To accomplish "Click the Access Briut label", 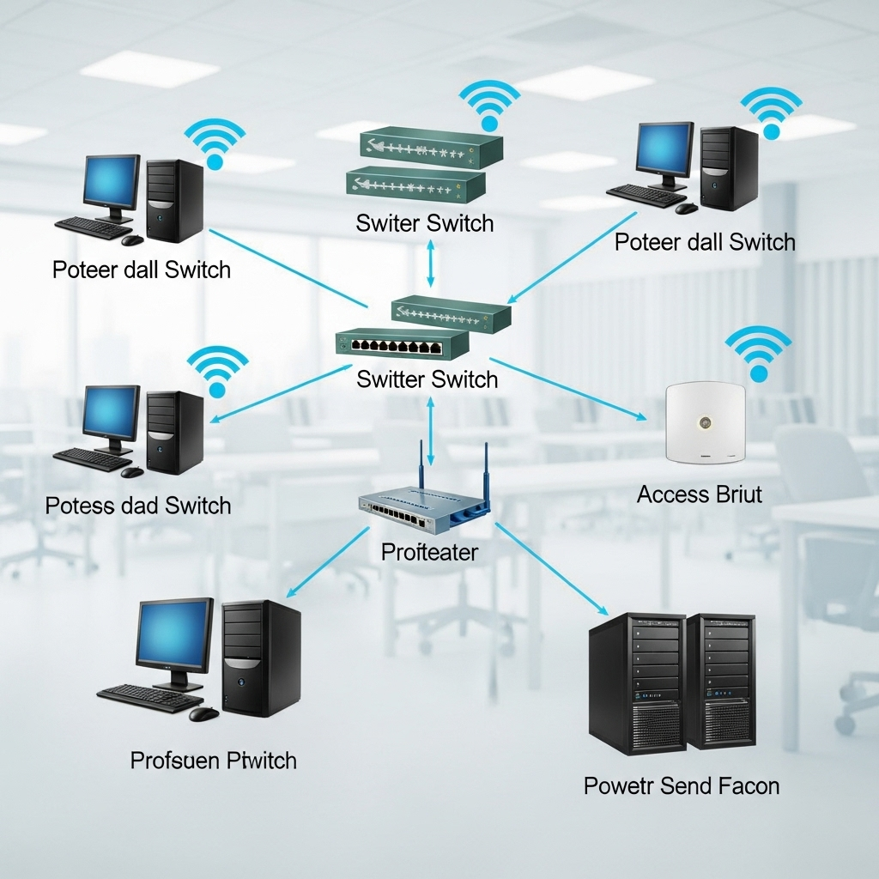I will [x=700, y=494].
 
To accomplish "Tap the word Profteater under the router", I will [x=429, y=551].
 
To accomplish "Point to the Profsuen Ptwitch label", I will [x=214, y=760].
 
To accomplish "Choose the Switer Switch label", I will [x=425, y=223].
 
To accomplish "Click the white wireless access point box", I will [x=706, y=423].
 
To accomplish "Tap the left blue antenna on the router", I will [x=421, y=467].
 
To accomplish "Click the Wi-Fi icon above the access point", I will [x=758, y=352].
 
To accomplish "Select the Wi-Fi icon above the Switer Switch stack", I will [x=489, y=107].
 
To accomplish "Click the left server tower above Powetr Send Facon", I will [x=636, y=682].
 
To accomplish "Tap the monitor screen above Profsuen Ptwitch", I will [x=174, y=634].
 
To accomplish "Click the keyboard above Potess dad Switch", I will [x=92, y=459].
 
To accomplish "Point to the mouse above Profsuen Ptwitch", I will [x=204, y=713].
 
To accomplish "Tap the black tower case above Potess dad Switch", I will [x=176, y=432].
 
